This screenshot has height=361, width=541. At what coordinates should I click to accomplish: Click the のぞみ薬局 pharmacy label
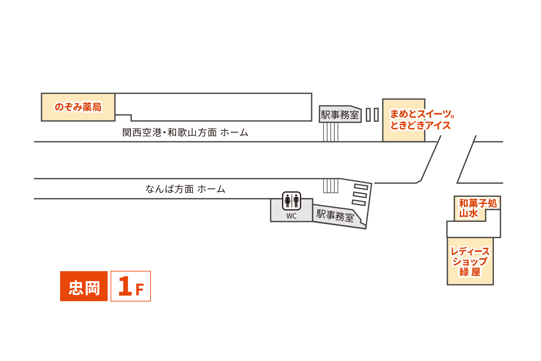[78, 107]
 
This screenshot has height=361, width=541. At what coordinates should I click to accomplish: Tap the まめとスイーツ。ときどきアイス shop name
[422, 120]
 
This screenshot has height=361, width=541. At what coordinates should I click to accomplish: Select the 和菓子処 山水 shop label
[477, 208]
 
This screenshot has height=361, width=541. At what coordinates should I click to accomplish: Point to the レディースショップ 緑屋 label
[470, 261]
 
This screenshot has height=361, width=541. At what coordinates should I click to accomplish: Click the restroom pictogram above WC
[292, 201]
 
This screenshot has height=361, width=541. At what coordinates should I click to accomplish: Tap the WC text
[291, 216]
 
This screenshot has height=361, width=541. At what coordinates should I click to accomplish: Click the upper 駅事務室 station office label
[340, 115]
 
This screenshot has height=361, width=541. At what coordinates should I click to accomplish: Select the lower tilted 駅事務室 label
[335, 216]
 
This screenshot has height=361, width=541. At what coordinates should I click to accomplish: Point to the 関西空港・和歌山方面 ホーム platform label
[185, 133]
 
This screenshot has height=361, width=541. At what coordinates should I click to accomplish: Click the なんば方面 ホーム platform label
[185, 189]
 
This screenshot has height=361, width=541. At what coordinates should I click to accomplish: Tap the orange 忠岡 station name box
[84, 286]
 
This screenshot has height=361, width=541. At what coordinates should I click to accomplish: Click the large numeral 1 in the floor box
[125, 286]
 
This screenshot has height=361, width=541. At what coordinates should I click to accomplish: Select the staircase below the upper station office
[331, 132]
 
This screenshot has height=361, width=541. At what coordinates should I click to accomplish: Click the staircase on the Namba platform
[331, 186]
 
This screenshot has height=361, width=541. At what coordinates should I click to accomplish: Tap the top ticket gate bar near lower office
[361, 187]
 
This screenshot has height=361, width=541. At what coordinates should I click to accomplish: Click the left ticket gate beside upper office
[368, 115]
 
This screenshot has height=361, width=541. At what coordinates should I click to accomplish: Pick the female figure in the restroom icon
[287, 201]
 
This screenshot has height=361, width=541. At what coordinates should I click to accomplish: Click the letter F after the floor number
[139, 290]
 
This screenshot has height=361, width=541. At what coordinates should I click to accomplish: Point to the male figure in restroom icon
[296, 201]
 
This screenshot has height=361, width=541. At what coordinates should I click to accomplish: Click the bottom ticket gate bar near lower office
[359, 202]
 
